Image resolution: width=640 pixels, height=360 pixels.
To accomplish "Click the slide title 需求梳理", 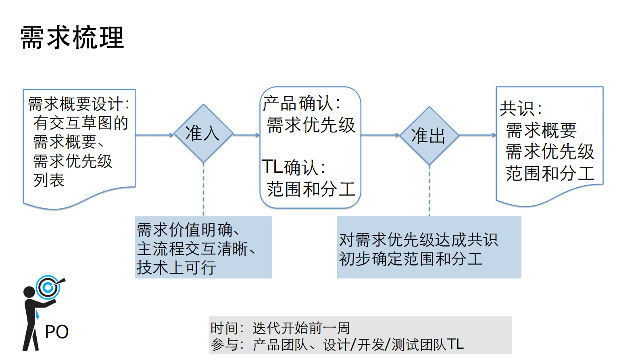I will [72, 38].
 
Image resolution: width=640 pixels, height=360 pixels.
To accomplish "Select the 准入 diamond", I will [203, 134].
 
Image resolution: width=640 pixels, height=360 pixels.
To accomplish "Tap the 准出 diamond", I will [429, 136].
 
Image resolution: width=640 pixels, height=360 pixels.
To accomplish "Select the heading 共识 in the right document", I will [520, 109].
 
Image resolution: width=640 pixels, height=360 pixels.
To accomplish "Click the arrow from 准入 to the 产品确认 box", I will [246, 135].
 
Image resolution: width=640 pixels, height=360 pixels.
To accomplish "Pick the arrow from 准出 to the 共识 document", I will [477, 135].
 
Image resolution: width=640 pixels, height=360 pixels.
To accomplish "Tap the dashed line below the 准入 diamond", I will [203, 190].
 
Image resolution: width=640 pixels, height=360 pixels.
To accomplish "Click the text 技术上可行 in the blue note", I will [176, 268].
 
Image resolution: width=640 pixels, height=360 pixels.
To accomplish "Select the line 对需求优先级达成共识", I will [418, 240].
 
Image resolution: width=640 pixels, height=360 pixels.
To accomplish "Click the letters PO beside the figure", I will [56, 332].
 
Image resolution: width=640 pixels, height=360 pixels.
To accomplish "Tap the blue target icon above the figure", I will [48, 287].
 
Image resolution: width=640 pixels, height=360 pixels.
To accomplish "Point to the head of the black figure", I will [29, 292].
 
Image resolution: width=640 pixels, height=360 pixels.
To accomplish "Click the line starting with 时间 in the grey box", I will [280, 328].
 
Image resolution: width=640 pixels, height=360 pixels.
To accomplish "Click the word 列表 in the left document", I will [49, 180].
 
